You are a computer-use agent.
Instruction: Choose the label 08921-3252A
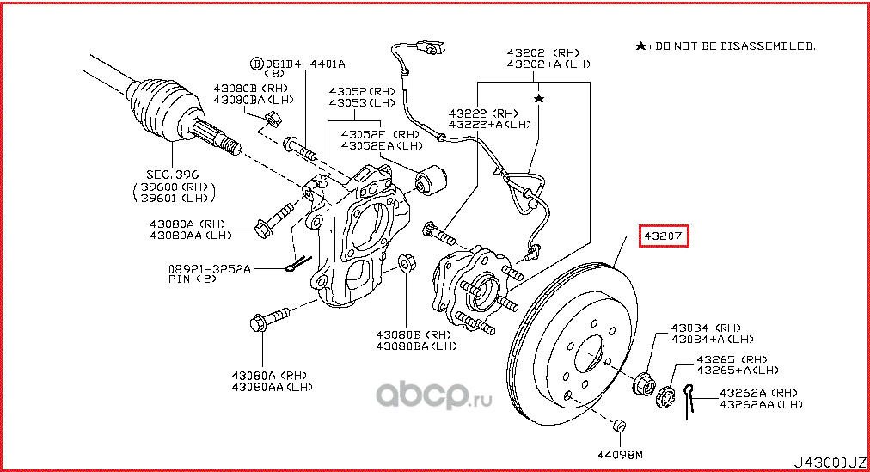tap(210, 269)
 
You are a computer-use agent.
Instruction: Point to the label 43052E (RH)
tap(379, 134)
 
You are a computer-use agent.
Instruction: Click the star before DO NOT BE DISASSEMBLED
tap(640, 46)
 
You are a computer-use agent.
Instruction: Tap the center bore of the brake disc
tap(590, 353)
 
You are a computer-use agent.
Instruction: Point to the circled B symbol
tap(255, 64)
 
